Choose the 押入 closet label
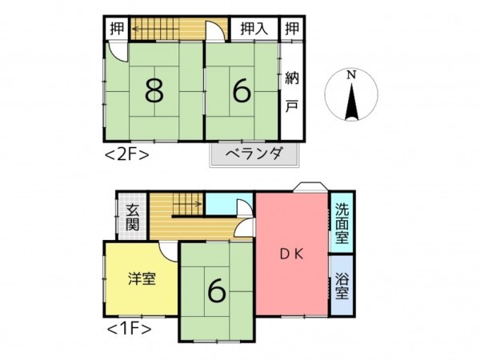pos(254,28)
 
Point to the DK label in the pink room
pos(290,256)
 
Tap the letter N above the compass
pos(350,75)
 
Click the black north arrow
pos(350,102)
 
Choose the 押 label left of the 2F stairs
pos(115,28)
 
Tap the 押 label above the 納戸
pos(292,28)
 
